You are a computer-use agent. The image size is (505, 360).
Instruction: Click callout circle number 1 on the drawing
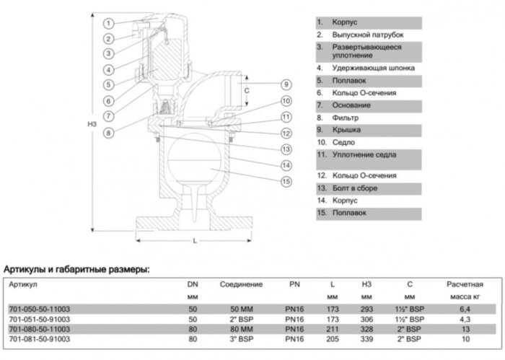107,24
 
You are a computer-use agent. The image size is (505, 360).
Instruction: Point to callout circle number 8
107,133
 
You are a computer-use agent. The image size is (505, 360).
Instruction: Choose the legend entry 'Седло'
343,142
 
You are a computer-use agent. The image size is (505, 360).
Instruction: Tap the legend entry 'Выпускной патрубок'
367,34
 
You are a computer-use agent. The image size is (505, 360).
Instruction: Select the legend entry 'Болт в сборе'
354,188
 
